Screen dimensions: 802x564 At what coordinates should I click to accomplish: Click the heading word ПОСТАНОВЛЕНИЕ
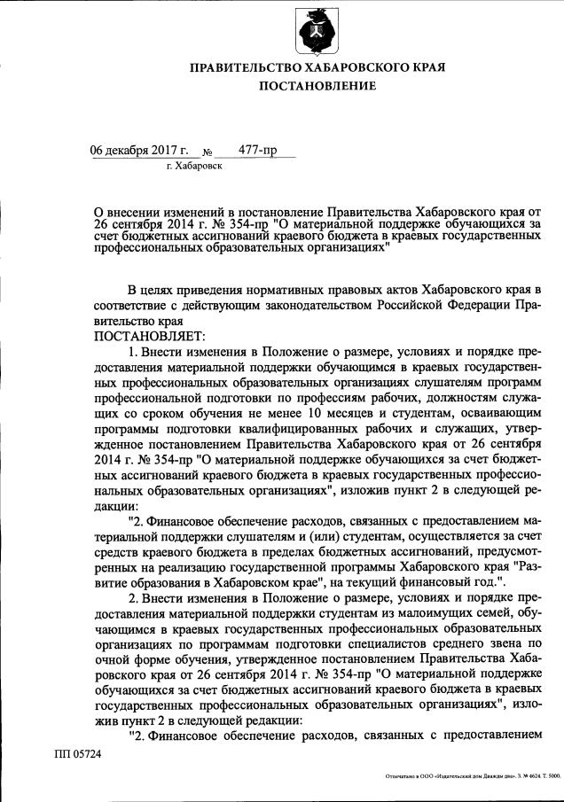click(317, 86)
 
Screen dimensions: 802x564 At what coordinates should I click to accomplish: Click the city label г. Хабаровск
click(193, 165)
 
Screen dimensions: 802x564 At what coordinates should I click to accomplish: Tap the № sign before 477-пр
click(210, 152)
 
